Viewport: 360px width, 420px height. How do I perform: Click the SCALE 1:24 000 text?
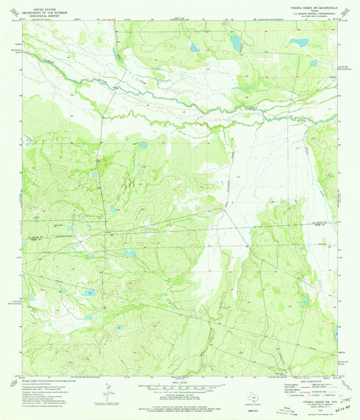coord(180,382)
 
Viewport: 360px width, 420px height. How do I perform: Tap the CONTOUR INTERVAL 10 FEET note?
coord(180,394)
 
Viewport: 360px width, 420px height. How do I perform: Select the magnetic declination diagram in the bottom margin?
coord(108,392)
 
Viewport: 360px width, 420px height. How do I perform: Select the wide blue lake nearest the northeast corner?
coord(297,41)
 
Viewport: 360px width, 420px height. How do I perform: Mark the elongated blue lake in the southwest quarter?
coord(89,294)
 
